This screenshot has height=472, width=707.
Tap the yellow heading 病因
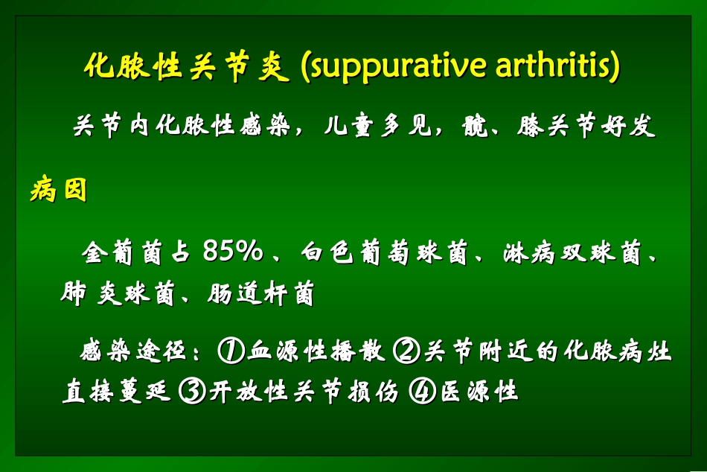tap(59, 191)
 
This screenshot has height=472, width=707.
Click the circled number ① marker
tap(230, 350)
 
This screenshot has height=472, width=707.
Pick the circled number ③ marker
tap(192, 390)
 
